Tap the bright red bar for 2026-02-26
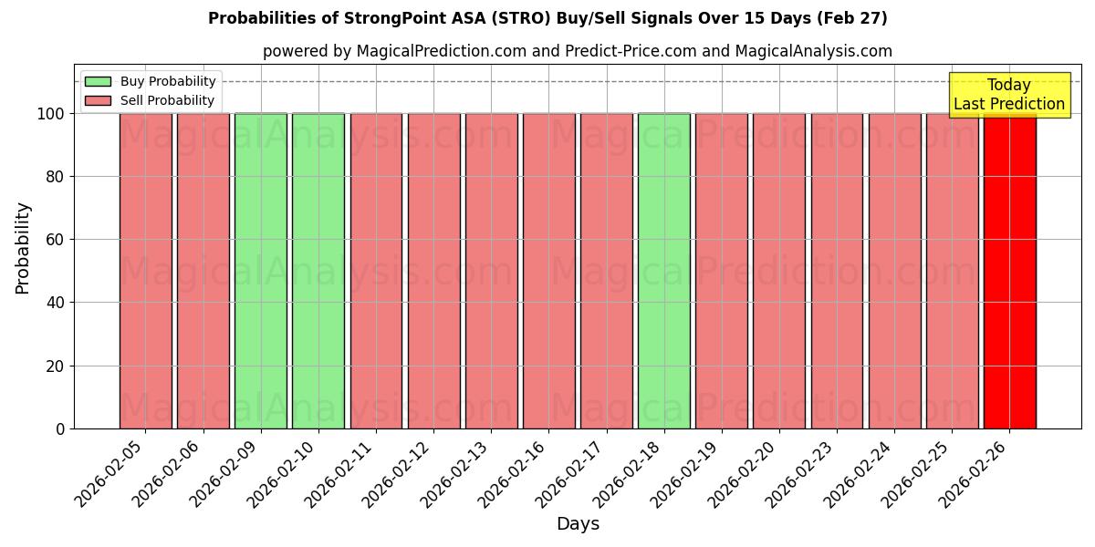[x=1009, y=273]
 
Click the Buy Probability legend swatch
[x=98, y=81]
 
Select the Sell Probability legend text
[x=167, y=100]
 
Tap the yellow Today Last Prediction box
[x=1008, y=95]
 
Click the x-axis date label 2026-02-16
[x=515, y=471]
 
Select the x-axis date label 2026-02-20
[x=746, y=471]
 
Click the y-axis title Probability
[x=23, y=247]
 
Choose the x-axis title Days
[x=578, y=523]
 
